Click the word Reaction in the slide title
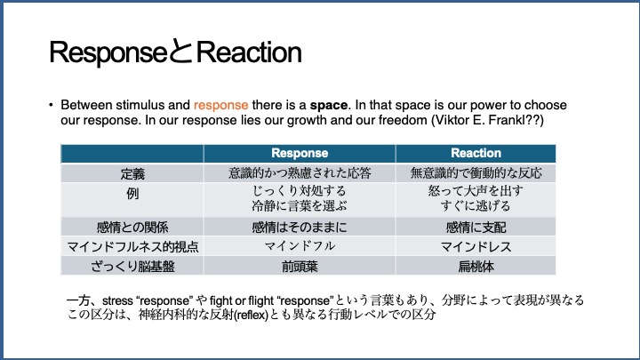click(249, 52)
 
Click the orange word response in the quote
click(220, 105)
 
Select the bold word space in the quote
click(328, 105)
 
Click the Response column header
click(300, 153)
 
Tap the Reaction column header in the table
click(476, 153)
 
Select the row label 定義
click(132, 174)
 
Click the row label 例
click(132, 193)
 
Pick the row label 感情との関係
click(132, 227)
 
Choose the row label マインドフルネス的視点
click(132, 246)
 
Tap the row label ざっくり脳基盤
click(132, 267)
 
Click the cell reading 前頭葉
click(300, 267)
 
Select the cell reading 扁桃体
click(476, 267)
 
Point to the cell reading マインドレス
click(476, 246)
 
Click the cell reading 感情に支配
click(476, 227)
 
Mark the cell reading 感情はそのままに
click(300, 227)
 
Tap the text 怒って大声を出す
click(476, 190)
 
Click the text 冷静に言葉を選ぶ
click(300, 205)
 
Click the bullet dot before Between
click(51, 105)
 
